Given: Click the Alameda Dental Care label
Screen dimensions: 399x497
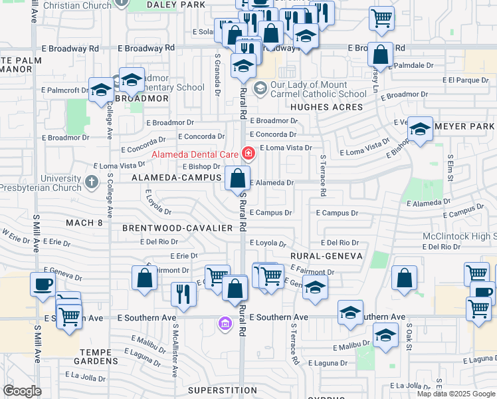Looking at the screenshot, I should click(196, 154).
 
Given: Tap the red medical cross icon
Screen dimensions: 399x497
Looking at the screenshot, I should click(248, 154).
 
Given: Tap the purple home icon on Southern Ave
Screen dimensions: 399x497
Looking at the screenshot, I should click(225, 324).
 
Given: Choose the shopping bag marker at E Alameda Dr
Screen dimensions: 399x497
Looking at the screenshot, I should click(238, 178).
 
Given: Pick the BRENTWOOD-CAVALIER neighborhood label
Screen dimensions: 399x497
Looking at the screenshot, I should click(177, 227).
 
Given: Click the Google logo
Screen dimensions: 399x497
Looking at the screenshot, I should click(22, 391).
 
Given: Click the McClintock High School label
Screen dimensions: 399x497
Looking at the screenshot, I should click(458, 237).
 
